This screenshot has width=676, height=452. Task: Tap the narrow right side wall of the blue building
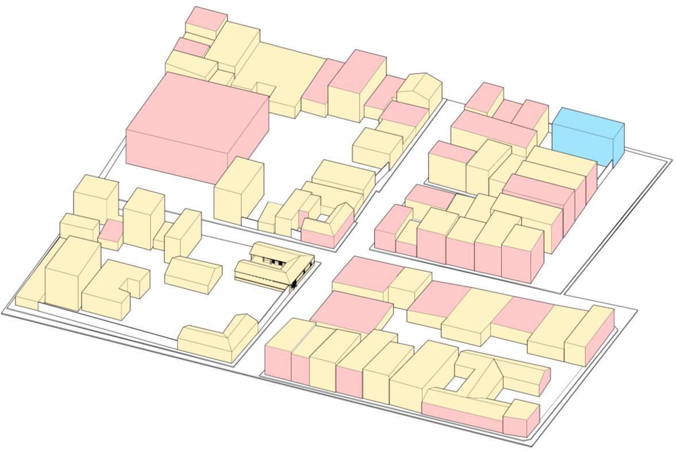click(619, 144)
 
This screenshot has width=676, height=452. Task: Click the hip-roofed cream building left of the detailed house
click(193, 274)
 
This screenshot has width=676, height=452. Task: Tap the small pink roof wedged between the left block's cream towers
click(110, 231)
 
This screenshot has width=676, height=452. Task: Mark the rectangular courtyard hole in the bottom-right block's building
click(457, 383)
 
